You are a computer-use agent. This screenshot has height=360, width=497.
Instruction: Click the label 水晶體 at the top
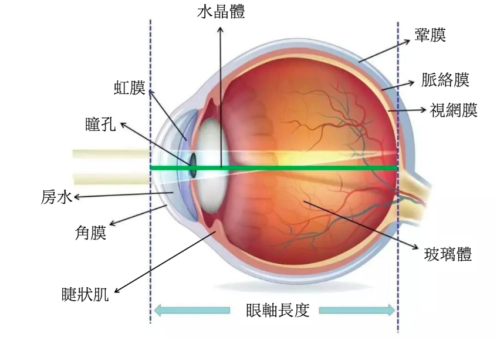(x=221, y=12)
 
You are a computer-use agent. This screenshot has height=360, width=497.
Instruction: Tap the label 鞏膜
(x=430, y=35)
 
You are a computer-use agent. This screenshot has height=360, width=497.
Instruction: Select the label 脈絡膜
(x=445, y=80)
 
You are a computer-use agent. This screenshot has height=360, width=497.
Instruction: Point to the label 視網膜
(x=454, y=110)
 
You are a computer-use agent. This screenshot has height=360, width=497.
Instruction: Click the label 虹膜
(x=129, y=88)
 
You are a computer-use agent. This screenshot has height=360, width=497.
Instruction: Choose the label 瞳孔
(x=100, y=125)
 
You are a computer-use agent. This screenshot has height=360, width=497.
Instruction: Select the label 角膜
(x=90, y=233)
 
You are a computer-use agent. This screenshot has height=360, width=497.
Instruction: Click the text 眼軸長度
(x=277, y=310)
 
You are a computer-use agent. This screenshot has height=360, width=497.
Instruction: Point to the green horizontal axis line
(x=293, y=168)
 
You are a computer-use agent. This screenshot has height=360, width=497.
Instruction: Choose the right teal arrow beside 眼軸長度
(x=357, y=310)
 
